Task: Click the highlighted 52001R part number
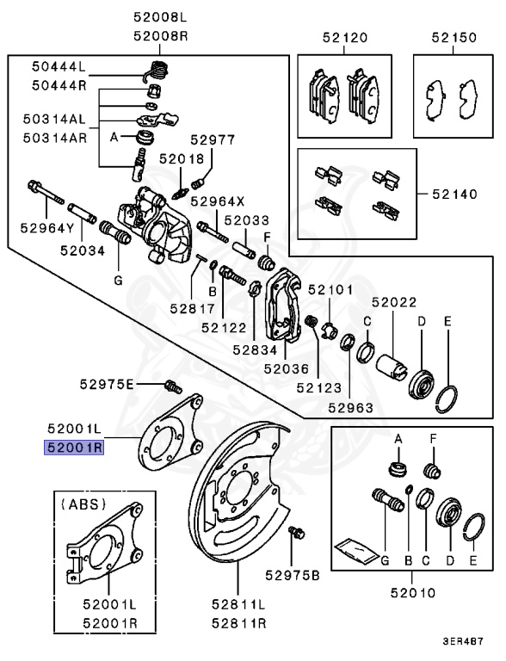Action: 75,448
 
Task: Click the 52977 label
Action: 213,139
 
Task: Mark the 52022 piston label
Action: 394,302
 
